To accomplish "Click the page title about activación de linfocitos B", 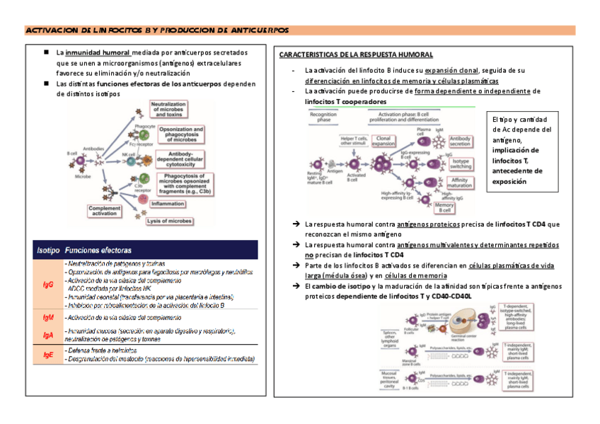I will pyautogui.click(x=157, y=30).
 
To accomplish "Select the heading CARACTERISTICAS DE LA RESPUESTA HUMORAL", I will pyautogui.click(x=356, y=55).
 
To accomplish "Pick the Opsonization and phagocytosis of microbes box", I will pyautogui.click(x=180, y=134).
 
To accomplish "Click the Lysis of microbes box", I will pyautogui.click(x=169, y=221).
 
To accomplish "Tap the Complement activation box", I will pyautogui.click(x=106, y=211).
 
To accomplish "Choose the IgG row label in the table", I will pyautogui.click(x=47, y=285).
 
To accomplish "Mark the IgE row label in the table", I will pyautogui.click(x=48, y=355).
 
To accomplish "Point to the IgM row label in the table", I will pyautogui.click(x=48, y=319).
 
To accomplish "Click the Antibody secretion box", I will pyautogui.click(x=461, y=142).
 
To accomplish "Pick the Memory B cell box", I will pyautogui.click(x=445, y=207).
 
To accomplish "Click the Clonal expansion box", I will pyautogui.click(x=383, y=142).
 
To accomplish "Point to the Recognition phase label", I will pyautogui.click(x=323, y=118).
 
